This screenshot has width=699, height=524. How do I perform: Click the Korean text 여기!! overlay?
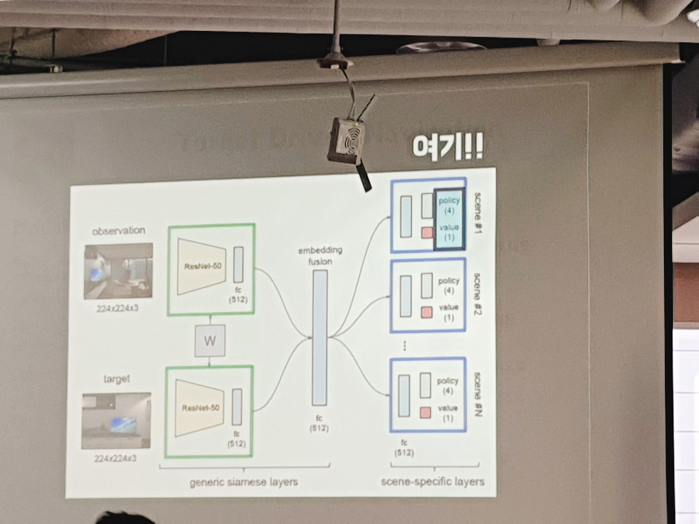pos(447,147)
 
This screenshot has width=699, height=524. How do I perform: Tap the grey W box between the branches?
pos(210,341)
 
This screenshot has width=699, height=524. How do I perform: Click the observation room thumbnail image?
pos(118,271)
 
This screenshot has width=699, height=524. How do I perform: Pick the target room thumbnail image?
pos(116,420)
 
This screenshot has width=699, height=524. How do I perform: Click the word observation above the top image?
pos(119,230)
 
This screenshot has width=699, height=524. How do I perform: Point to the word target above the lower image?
pos(116,379)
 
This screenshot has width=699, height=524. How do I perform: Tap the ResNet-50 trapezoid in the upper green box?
pos(202,266)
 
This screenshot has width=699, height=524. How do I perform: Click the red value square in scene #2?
pos(426,312)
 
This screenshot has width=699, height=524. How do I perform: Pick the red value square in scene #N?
pos(426,413)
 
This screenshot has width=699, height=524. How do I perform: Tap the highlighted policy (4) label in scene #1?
pos(449,205)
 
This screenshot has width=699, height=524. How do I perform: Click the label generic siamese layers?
pos(244,482)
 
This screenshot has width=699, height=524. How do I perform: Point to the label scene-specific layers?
pos(433,481)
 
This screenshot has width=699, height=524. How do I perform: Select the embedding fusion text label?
pos(319,255)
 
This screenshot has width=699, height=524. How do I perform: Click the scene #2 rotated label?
pos(476,294)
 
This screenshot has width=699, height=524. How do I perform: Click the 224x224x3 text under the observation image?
pos(117,308)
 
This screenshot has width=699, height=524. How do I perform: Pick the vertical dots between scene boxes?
pos(404,345)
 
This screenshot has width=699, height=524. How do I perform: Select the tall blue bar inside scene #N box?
pos(405,396)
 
